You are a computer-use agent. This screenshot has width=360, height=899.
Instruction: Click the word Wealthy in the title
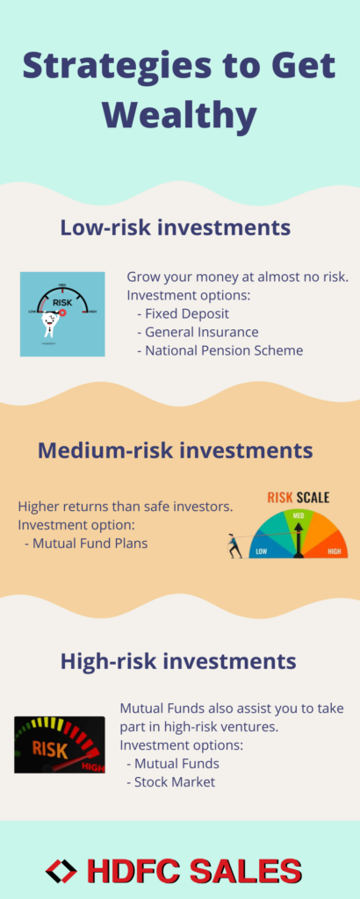coord(179,116)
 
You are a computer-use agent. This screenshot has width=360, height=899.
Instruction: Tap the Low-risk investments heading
coord(176,227)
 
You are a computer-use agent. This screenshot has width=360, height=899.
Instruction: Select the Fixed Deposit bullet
coord(183,314)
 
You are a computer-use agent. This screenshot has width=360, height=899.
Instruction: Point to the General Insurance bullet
coord(198,332)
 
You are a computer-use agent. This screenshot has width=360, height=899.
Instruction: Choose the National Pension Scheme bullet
coord(220,350)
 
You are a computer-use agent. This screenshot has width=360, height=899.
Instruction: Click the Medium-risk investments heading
coord(176,450)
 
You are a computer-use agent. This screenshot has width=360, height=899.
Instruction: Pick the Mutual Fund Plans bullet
coord(86,543)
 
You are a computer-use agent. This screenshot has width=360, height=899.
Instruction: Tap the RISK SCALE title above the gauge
coord(298,497)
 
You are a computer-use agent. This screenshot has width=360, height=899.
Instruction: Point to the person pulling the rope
coord(234,545)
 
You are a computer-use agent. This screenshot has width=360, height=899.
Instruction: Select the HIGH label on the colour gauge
coord(334,551)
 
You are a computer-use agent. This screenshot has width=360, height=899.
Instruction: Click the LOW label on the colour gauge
coord(262,551)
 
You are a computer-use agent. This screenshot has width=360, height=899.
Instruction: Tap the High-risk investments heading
coord(178,662)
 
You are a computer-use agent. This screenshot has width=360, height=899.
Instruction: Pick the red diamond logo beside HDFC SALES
coord(61,872)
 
